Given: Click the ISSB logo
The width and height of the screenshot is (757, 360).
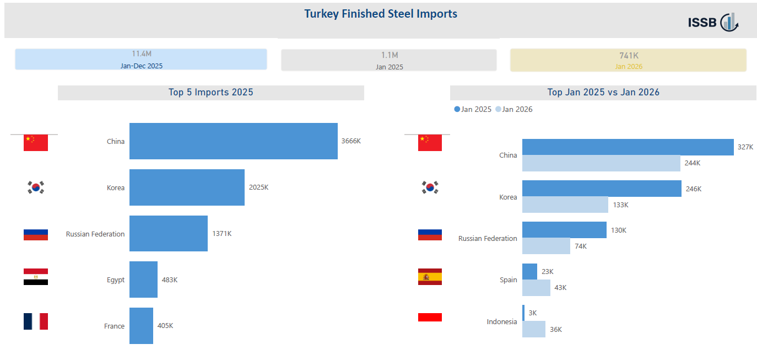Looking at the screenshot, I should pyautogui.click(x=713, y=23).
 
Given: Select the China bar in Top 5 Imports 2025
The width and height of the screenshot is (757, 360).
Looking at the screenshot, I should pyautogui.click(x=233, y=141).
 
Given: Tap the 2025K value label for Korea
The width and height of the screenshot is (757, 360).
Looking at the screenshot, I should pyautogui.click(x=258, y=187).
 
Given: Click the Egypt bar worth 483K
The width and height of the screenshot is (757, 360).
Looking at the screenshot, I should pyautogui.click(x=143, y=280).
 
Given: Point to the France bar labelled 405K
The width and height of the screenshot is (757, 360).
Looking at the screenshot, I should pyautogui.click(x=141, y=326).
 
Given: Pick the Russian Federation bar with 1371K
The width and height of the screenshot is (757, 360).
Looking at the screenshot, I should pyautogui.click(x=168, y=234).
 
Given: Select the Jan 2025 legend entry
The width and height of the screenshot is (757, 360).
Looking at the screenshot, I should pyautogui.click(x=473, y=109).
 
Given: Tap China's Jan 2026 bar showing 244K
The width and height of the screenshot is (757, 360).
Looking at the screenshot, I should pyautogui.click(x=601, y=163).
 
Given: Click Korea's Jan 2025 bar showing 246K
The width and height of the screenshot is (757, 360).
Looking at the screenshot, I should pyautogui.click(x=602, y=189).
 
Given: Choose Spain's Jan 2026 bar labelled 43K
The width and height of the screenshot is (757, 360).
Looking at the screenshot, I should pyautogui.click(x=536, y=288).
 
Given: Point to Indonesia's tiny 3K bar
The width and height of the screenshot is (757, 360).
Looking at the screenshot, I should pyautogui.click(x=523, y=313).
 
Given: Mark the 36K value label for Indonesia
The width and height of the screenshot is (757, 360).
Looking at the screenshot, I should pyautogui.click(x=556, y=330).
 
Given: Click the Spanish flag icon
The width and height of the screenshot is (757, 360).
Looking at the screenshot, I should pyautogui.click(x=430, y=277).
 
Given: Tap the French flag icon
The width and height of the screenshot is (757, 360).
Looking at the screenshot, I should pyautogui.click(x=36, y=321).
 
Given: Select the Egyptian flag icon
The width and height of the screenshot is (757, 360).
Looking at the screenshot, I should pyautogui.click(x=36, y=277).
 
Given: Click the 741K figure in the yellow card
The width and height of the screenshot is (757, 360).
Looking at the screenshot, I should pyautogui.click(x=629, y=56).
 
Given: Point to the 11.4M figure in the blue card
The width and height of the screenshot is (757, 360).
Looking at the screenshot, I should pyautogui.click(x=141, y=54).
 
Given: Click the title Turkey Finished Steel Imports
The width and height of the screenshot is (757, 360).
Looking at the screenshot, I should pyautogui.click(x=381, y=14).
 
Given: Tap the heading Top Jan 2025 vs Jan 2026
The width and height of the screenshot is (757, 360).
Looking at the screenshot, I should pyautogui.click(x=603, y=93).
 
